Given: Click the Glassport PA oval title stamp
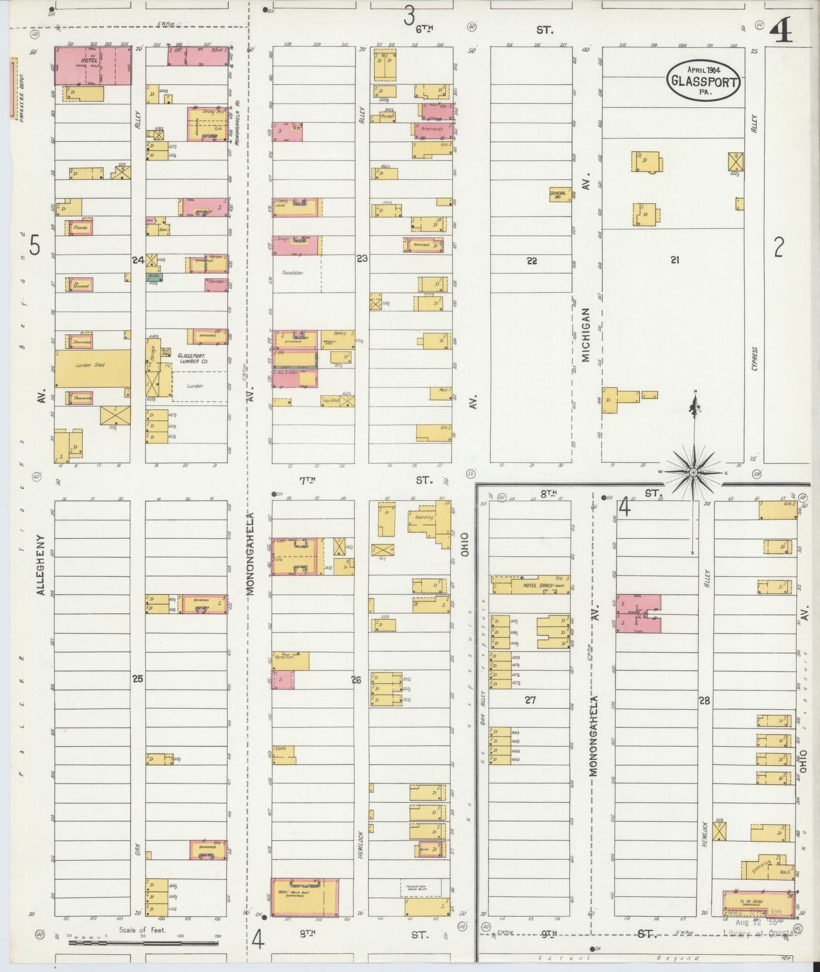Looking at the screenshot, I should pos(704,80).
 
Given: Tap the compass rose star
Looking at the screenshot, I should pos(693,473).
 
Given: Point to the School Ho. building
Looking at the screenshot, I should pos(559,195).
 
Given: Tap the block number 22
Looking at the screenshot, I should pos(532,261).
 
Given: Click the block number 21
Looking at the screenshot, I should pos(675,260).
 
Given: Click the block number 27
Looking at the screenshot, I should pos(530,700).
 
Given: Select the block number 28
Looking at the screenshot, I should pos(704,701).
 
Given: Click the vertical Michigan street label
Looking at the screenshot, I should pos(586,335).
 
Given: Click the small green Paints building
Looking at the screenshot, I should pos(154,277).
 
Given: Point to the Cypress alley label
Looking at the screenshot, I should pos(754,359).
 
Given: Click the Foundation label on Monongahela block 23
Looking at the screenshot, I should pos(292,273).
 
